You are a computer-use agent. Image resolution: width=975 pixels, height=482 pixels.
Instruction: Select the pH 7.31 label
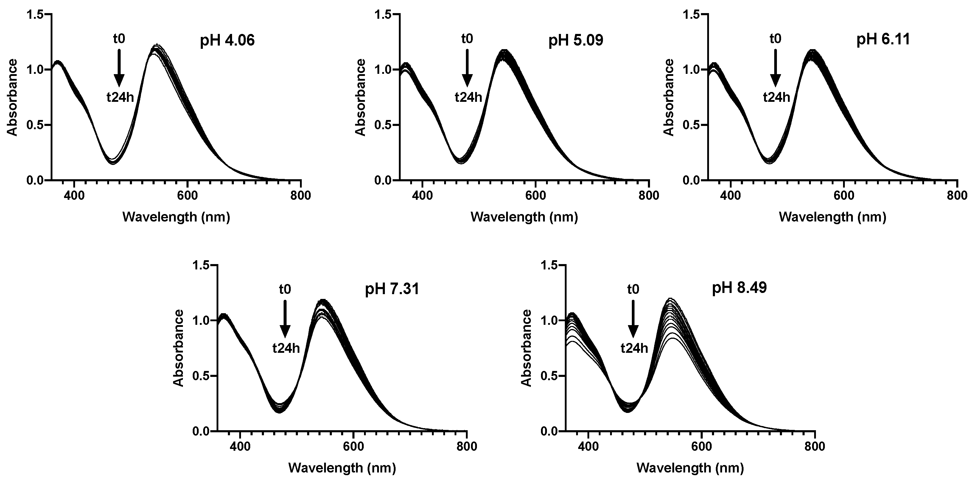click(392, 290)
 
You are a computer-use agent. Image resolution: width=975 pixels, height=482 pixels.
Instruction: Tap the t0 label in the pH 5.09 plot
click(467, 39)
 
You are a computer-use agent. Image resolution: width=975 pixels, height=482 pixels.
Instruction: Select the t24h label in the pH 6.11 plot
click(776, 98)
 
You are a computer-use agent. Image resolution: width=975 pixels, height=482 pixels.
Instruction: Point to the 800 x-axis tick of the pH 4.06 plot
click(301, 196)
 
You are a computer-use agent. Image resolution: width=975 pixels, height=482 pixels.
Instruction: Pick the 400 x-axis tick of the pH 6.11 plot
click(730, 196)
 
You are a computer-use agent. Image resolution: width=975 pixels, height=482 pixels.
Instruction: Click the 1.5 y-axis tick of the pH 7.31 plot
click(200, 265)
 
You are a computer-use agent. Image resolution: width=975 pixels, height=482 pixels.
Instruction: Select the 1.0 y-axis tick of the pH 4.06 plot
click(35, 70)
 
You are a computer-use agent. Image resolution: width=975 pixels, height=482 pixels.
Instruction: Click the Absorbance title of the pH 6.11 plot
click(669, 97)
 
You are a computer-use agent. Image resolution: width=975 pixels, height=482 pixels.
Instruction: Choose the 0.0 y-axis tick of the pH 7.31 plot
click(200, 431)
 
